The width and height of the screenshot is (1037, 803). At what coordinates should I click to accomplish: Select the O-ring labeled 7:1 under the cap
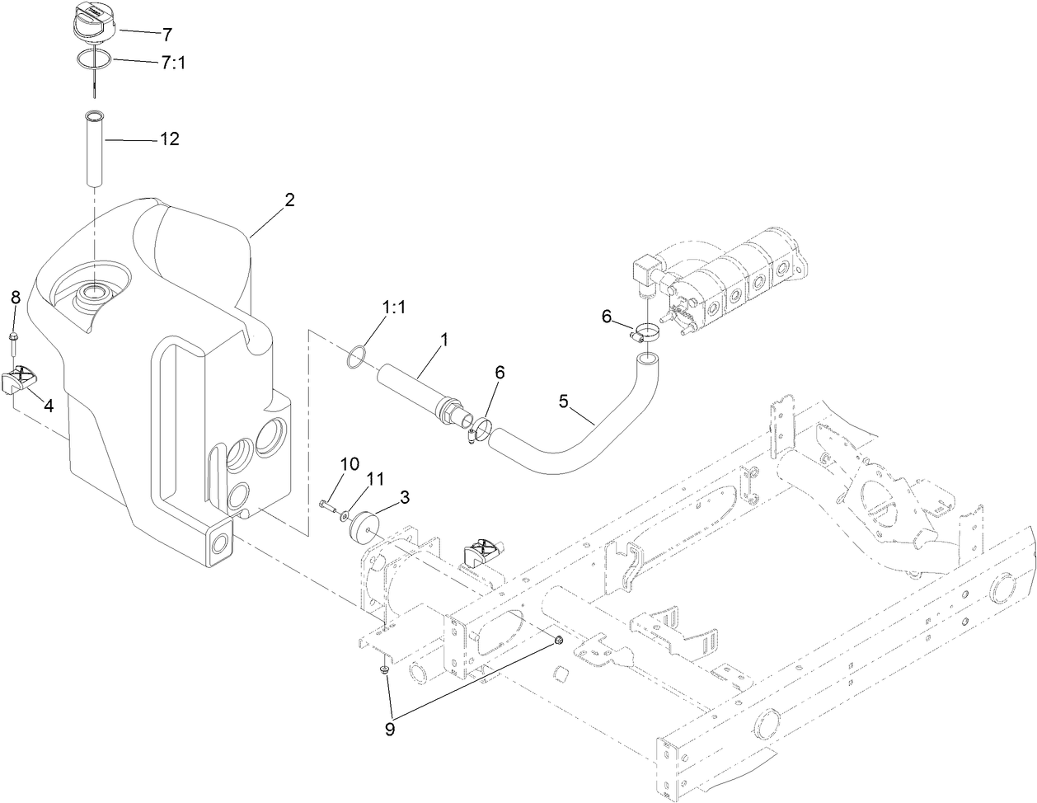click(x=96, y=59)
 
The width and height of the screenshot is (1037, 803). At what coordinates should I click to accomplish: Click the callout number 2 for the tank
click(x=289, y=200)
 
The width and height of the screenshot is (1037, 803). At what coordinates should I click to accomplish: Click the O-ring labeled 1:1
click(x=355, y=359)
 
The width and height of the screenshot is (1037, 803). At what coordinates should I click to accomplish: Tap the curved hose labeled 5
click(x=569, y=445)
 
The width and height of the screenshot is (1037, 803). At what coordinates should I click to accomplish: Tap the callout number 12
click(x=169, y=139)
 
